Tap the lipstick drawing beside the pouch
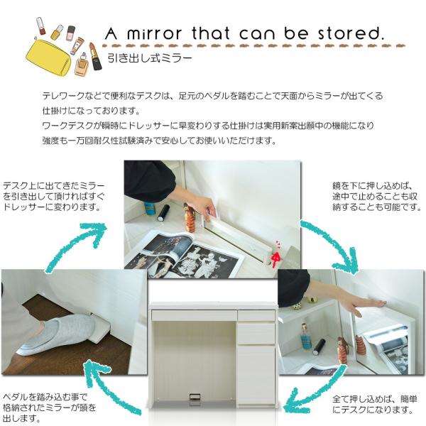click(95, 56)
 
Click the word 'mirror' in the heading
click(154, 33)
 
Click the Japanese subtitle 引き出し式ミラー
click(149, 58)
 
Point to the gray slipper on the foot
click(55, 336)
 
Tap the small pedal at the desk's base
click(195, 399)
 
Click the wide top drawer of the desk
click(194, 315)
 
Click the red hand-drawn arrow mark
click(276, 256)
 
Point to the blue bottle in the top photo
click(148, 209)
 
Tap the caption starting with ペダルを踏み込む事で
click(49, 408)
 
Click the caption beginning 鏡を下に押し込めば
click(376, 197)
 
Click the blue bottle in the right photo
click(306, 336)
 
